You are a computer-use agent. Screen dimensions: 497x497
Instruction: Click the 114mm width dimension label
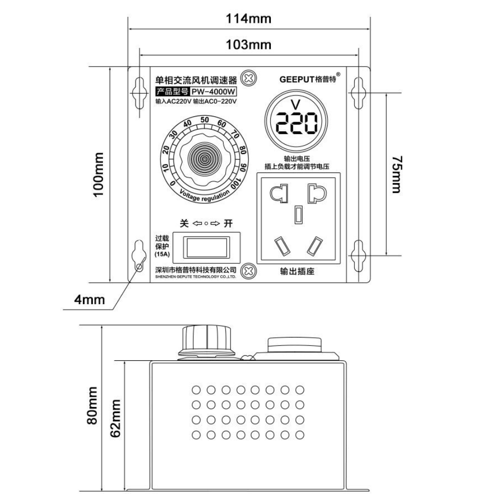tap(249, 19)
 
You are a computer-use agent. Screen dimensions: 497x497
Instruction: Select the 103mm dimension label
tap(249, 45)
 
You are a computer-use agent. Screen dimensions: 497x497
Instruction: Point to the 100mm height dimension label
tap(99, 174)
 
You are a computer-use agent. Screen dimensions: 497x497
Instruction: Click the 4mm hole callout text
tap(89, 299)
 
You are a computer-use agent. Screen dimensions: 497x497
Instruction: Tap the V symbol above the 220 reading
tap(297, 105)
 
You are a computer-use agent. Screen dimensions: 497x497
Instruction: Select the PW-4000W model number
tap(214, 91)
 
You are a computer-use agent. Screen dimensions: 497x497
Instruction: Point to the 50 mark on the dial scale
tap(204, 119)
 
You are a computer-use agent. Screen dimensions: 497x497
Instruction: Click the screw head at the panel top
tap(248, 78)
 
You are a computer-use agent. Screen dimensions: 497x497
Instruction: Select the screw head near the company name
tap(248, 271)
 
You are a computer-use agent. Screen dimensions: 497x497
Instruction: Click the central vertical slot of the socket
tap(298, 214)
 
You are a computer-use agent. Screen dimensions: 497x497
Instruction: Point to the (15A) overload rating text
tap(162, 254)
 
